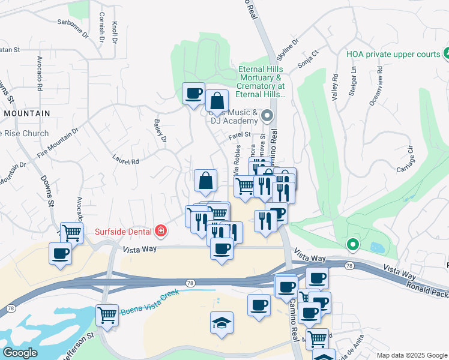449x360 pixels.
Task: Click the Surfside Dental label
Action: [x=124, y=230]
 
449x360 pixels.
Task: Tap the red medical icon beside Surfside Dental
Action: [x=160, y=230]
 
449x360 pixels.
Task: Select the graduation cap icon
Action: [x=221, y=323]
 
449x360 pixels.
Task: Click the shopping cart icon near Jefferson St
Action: [x=107, y=314]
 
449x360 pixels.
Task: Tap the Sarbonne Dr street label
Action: [x=71, y=29]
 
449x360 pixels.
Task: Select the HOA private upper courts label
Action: [x=393, y=54]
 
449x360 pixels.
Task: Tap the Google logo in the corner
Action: [x=20, y=353]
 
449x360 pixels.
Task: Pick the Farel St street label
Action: [x=239, y=137]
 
